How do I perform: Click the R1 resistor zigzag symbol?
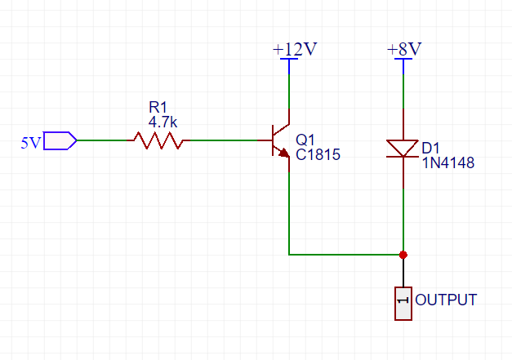coord(158,140)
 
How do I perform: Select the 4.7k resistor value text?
coord(163,122)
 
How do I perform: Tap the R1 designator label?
coord(158,107)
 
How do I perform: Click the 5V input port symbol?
coord(60,140)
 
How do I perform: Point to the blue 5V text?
coord(31,143)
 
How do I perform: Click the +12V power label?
coord(295,49)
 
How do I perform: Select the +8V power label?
coord(404,49)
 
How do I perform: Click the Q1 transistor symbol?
coord(280,140)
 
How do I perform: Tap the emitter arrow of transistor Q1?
coord(283,153)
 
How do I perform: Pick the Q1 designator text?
coord(305,140)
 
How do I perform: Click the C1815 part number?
coord(318,155)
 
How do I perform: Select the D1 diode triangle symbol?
coord(403,149)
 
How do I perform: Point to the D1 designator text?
coord(430,149)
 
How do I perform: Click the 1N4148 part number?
coord(448,163)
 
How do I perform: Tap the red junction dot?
coord(403,255)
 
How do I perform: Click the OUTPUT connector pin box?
coord(403,304)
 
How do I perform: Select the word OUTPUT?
coord(446,300)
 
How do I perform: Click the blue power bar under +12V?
coord(289,59)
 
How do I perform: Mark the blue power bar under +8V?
coord(403,59)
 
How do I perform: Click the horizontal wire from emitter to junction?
coord(346,254)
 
